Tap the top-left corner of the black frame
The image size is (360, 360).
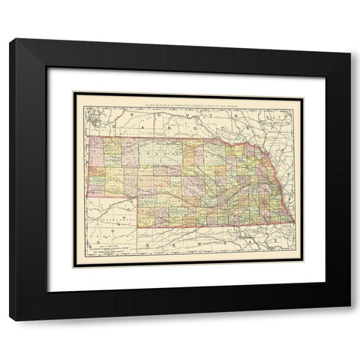click(10, 39)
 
